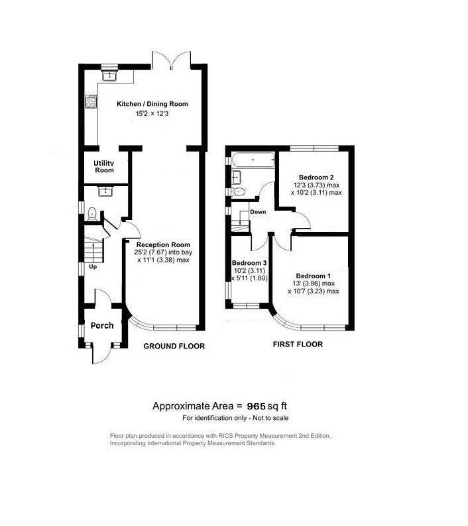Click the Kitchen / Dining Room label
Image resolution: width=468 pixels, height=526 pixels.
(152, 103)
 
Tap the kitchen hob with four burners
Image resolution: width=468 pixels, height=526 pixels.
(91, 101)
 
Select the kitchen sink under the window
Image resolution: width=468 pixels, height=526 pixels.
(109, 76)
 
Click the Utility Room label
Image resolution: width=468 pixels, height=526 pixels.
(103, 166)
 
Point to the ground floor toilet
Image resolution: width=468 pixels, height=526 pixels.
(92, 214)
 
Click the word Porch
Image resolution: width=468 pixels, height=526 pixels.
(102, 325)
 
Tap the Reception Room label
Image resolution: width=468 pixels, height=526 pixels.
(163, 244)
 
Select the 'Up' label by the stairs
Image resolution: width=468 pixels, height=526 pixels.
(93, 267)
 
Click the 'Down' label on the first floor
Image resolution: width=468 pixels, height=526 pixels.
(258, 212)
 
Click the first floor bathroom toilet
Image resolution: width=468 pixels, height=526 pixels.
(238, 192)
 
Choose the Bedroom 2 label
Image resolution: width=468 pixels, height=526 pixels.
(316, 177)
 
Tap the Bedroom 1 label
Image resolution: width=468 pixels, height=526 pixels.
(314, 276)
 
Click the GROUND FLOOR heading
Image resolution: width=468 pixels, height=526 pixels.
(174, 346)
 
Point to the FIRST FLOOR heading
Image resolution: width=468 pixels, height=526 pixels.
(298, 344)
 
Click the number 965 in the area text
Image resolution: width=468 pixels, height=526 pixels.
(257, 406)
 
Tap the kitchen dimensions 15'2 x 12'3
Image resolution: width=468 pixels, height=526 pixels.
(152, 113)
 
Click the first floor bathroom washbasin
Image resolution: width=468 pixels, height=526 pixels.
(237, 176)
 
